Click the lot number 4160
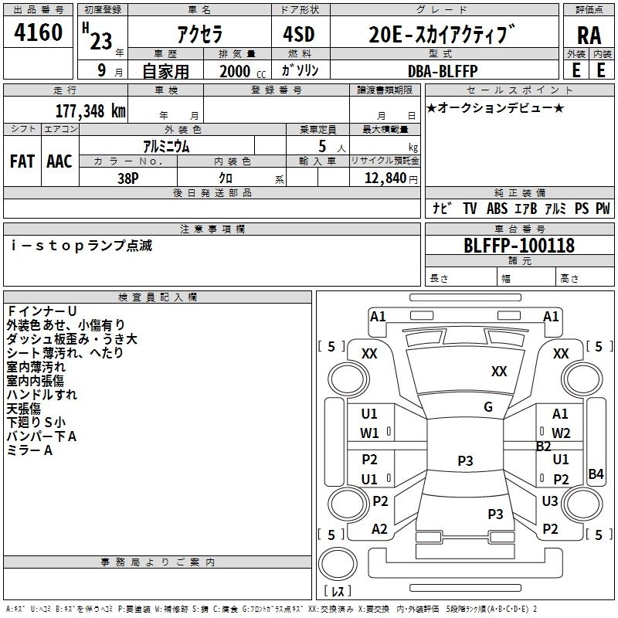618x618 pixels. [38, 32]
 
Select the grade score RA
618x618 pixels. [589, 36]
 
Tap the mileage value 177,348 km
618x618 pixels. [90, 111]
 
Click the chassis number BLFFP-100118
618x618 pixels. [519, 246]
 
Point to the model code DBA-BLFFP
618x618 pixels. [443, 71]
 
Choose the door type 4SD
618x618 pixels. [299, 34]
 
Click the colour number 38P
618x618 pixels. [128, 178]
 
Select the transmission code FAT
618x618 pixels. [22, 161]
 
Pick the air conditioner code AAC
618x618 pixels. [59, 161]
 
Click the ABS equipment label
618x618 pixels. [497, 208]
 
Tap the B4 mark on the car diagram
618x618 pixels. [596, 474]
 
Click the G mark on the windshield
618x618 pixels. [488, 407]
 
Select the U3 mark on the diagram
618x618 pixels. [550, 501]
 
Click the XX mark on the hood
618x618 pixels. [499, 371]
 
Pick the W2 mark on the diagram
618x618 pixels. [561, 433]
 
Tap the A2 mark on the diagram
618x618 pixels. [379, 529]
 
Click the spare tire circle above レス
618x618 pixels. [338, 564]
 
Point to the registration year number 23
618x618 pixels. [101, 42]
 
